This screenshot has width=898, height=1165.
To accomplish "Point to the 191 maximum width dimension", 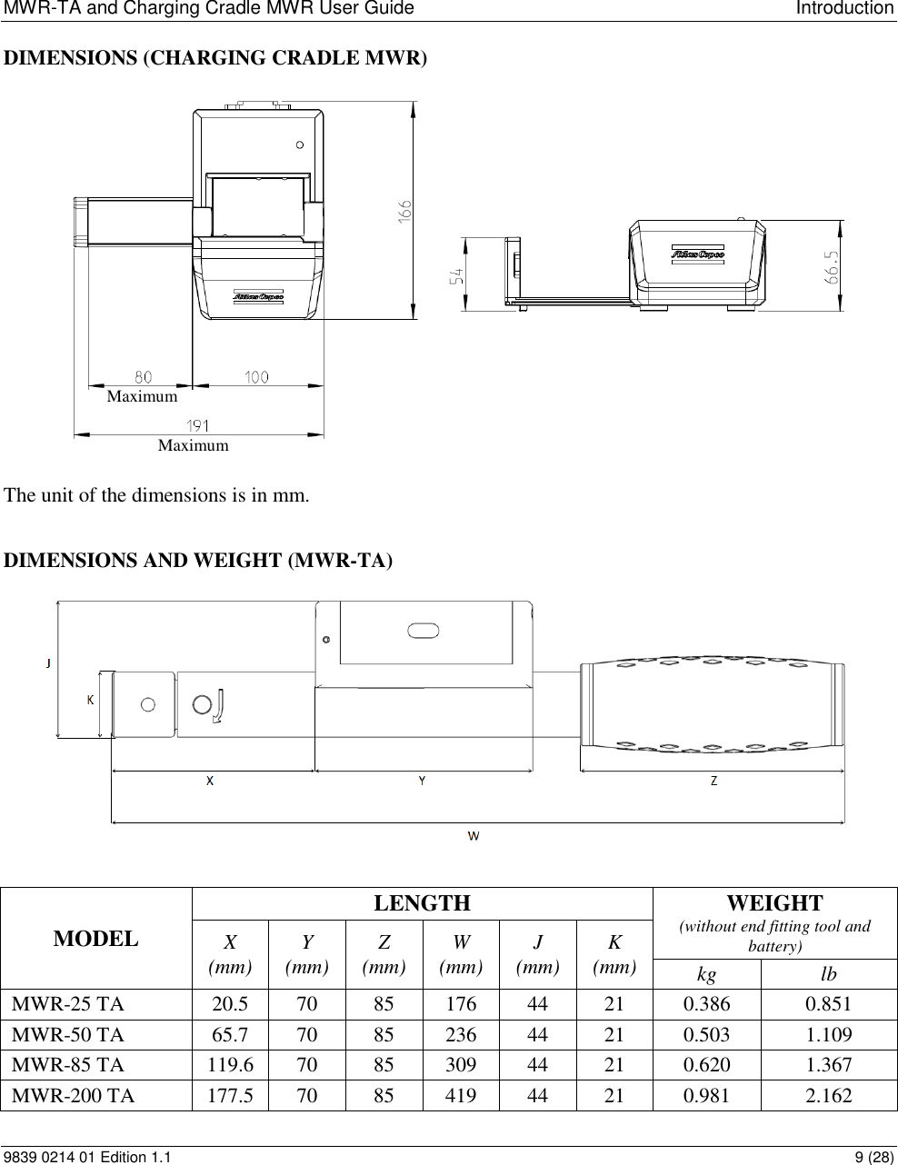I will (199, 425).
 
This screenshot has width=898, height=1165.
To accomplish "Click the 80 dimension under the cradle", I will (144, 375).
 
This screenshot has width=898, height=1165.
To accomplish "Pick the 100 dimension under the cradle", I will (257, 375).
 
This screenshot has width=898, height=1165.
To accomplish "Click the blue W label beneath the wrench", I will (474, 835).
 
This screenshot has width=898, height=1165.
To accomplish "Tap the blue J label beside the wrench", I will (48, 662).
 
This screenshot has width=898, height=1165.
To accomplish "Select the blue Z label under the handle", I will (713, 781).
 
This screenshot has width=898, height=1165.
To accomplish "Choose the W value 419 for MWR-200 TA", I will (461, 1095).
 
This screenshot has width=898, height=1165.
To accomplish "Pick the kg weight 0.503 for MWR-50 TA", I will (706, 1034).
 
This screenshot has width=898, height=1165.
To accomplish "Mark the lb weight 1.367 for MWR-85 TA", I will (829, 1064).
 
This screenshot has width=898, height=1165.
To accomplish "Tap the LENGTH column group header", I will (422, 902).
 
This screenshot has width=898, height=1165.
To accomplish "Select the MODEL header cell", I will (96, 939).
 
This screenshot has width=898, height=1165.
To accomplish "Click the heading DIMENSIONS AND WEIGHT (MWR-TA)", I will (199, 561).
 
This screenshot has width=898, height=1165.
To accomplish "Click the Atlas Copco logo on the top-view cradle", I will (259, 296).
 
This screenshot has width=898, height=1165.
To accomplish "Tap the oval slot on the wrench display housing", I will (424, 631).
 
